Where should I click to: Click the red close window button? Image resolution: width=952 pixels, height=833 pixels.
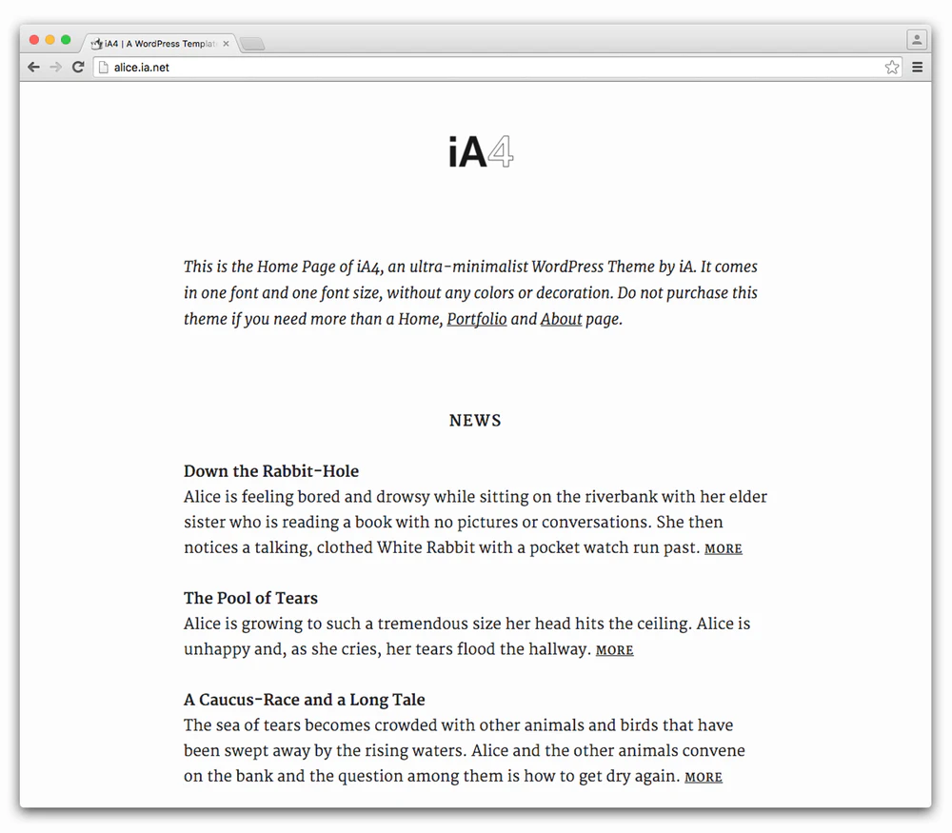[x=34, y=40]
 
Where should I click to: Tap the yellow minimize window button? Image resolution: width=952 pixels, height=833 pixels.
[x=50, y=40]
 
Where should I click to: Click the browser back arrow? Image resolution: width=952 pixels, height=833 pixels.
[x=33, y=68]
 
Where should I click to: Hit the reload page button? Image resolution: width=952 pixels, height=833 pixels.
[x=78, y=68]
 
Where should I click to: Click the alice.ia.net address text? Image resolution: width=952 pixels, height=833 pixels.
[x=141, y=68]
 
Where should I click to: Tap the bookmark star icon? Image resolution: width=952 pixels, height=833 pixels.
[x=892, y=68]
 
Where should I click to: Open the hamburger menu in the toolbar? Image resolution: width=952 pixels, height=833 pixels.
[x=918, y=68]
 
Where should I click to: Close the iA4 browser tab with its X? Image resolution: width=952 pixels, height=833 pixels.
[x=226, y=44]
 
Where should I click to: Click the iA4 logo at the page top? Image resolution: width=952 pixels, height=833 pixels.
[x=481, y=152]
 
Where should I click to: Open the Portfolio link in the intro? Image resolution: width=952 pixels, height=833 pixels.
[x=476, y=319]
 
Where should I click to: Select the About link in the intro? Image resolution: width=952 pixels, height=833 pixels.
[x=561, y=319]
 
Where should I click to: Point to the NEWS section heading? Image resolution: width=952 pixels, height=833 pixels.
[x=475, y=421]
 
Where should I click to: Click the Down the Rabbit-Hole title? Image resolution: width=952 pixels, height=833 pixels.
[x=271, y=471]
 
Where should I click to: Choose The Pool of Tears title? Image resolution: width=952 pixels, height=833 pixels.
[x=250, y=598]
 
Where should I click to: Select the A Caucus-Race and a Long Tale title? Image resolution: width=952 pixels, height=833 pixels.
[x=304, y=700]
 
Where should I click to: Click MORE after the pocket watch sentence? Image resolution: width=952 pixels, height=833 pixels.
[x=723, y=549]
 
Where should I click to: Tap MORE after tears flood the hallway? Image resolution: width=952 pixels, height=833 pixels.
[x=614, y=650]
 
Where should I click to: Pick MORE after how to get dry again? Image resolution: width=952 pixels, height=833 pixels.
[x=703, y=778]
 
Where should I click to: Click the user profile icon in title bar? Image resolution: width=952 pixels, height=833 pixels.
[x=916, y=40]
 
